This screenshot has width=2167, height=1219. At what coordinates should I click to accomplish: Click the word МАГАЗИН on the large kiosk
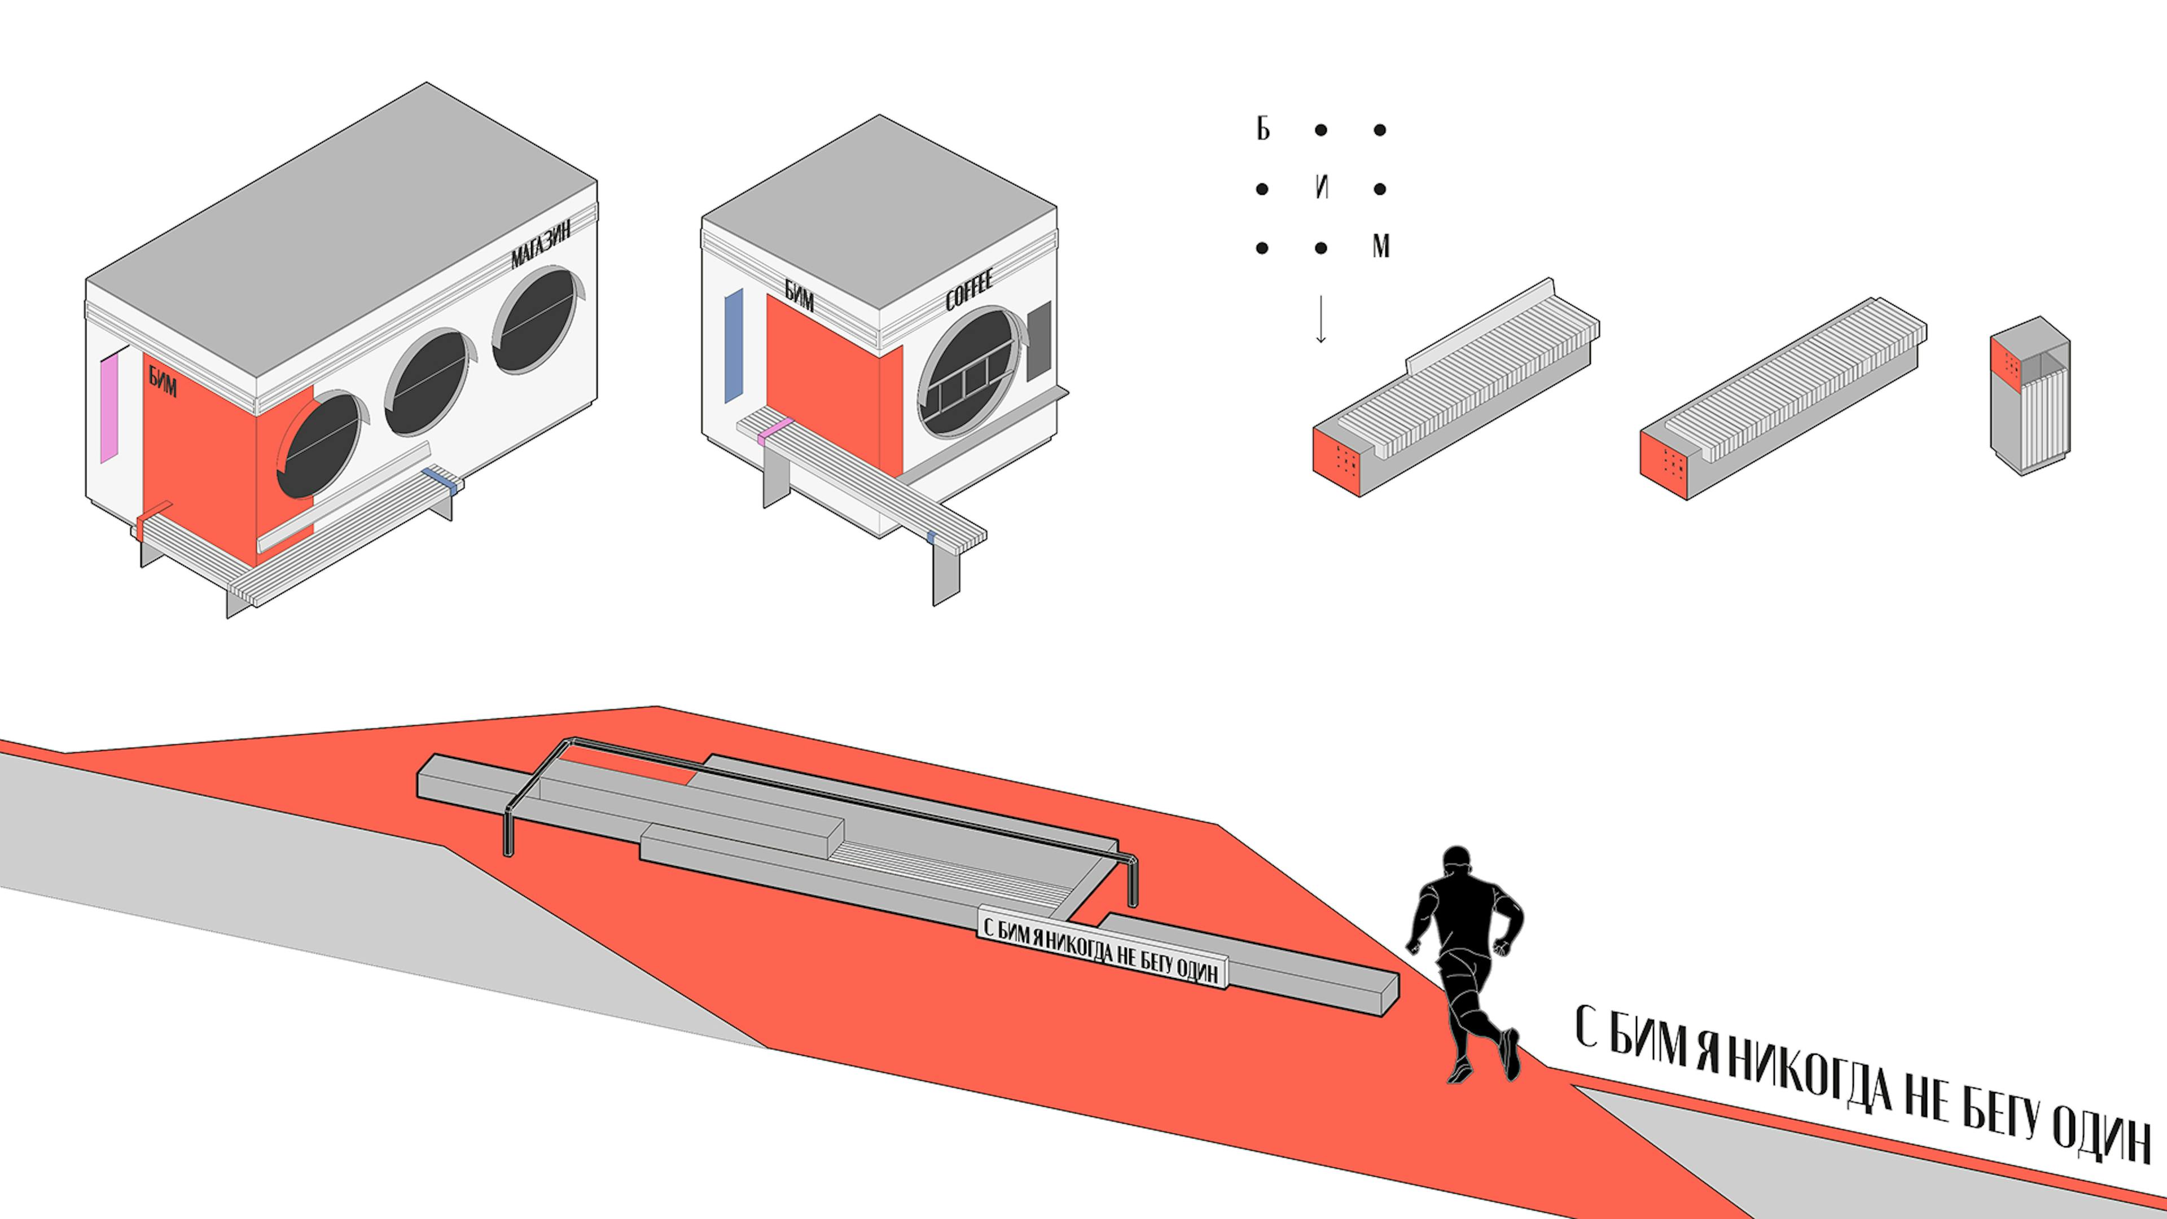pyautogui.click(x=542, y=243)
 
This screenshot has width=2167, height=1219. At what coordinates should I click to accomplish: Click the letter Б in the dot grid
pyautogui.click(x=1263, y=130)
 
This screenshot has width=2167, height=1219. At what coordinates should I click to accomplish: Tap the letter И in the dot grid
pyautogui.click(x=1322, y=188)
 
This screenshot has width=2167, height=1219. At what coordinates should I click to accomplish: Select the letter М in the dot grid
pyautogui.click(x=1380, y=247)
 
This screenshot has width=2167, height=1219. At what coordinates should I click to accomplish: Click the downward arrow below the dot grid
pyautogui.click(x=1321, y=319)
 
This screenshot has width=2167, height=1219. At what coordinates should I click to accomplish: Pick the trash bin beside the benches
pyautogui.click(x=2029, y=396)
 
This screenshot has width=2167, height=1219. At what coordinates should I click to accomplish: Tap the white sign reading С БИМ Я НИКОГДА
pyautogui.click(x=1102, y=949)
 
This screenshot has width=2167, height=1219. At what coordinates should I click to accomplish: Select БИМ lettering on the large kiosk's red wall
pyautogui.click(x=163, y=382)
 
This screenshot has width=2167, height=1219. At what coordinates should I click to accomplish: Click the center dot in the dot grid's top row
pyautogui.click(x=1322, y=130)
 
